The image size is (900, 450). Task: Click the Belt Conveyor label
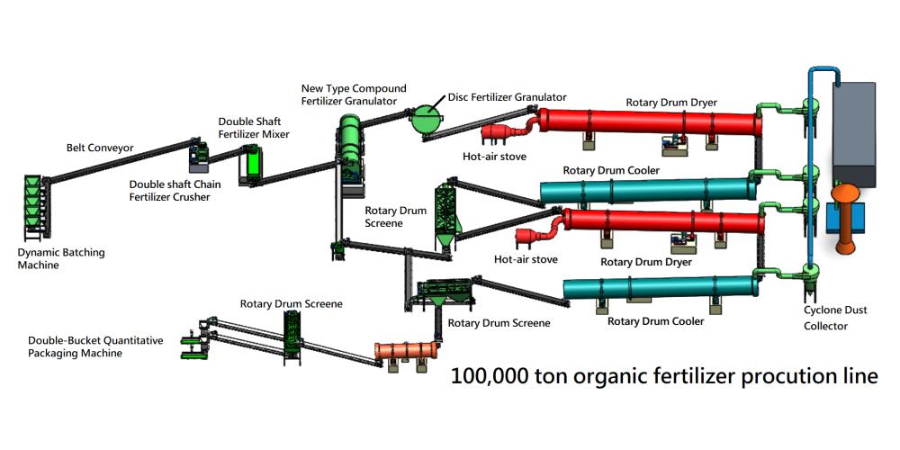(x=99, y=148)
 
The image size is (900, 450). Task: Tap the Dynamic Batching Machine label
(x=61, y=259)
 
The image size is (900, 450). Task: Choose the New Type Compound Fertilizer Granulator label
(x=354, y=94)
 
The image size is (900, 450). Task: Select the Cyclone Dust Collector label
(x=837, y=317)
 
